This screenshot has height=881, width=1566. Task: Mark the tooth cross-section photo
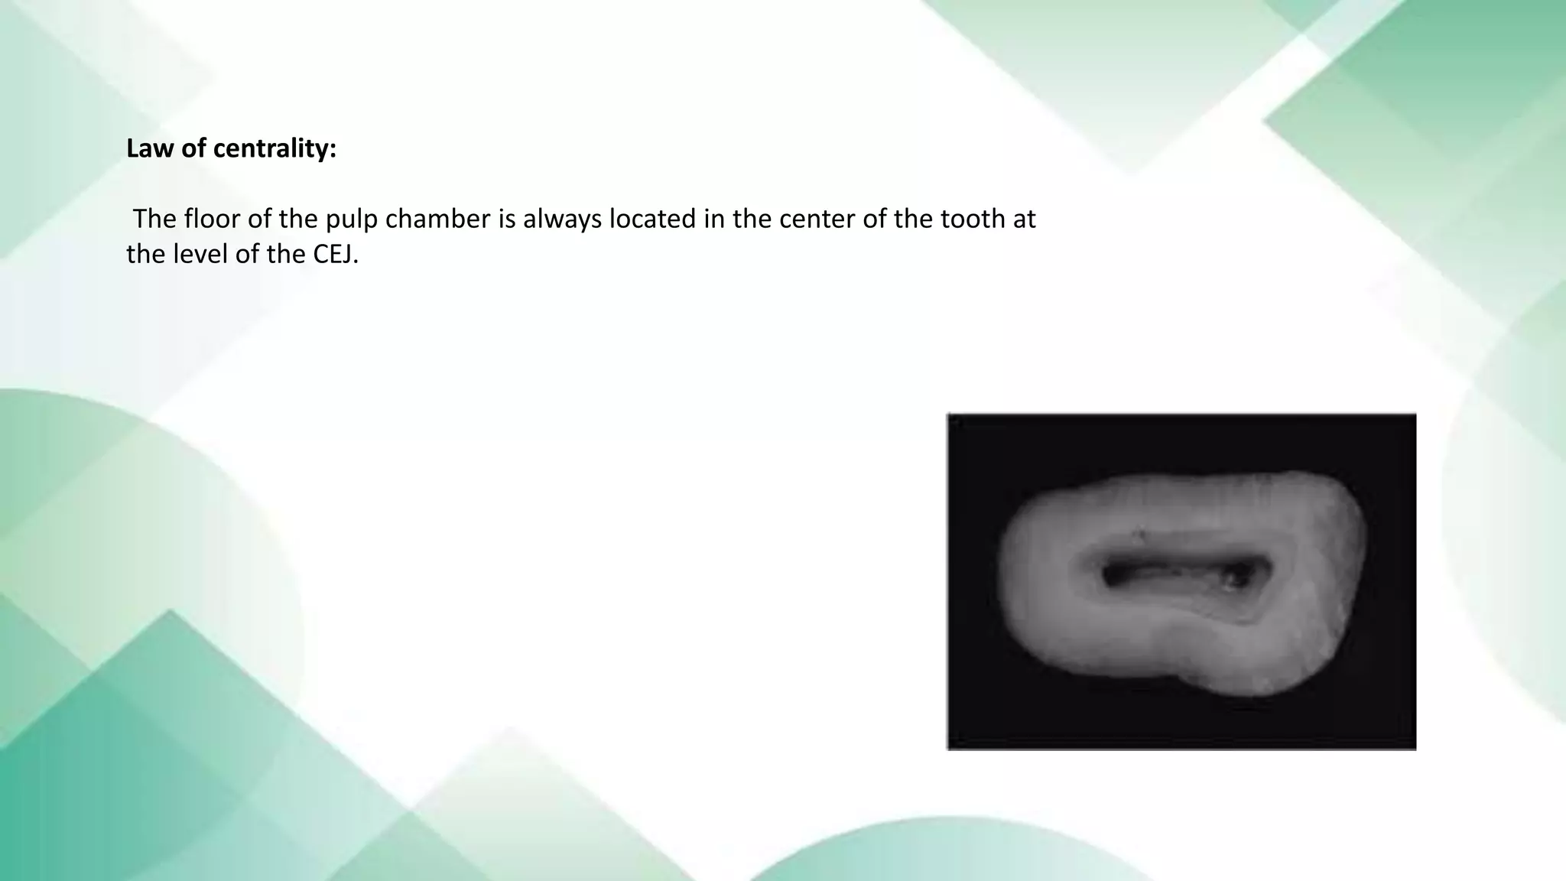click(x=1181, y=581)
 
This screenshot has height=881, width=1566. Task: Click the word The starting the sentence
click(x=155, y=219)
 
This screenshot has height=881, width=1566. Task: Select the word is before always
click(x=507, y=219)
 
